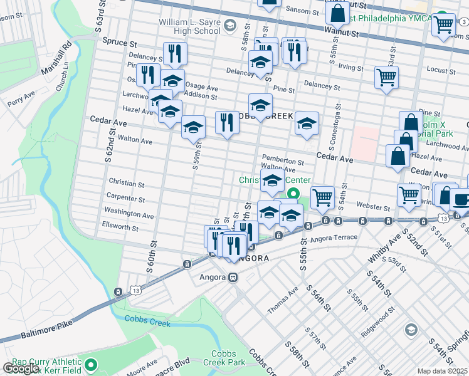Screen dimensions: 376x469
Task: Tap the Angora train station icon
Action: pos(233,277)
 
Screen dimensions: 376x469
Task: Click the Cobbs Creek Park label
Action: pos(223,358)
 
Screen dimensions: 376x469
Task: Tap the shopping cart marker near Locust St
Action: pos(386,78)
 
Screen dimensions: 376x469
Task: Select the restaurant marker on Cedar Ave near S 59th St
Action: pos(227,123)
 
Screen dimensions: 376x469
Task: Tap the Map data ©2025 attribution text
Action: pos(443,371)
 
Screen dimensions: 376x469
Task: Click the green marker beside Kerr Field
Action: pos(91,364)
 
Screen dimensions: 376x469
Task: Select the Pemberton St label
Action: pos(283,160)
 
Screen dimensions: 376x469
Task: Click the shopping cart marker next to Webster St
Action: pos(322,197)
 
